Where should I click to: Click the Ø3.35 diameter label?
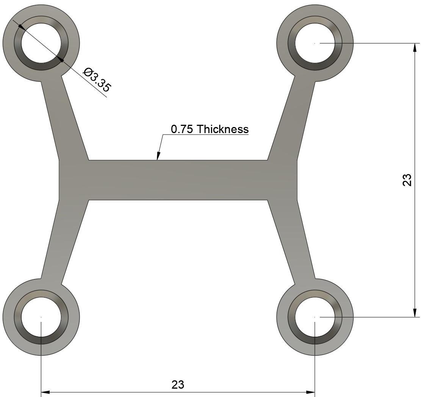[97, 80]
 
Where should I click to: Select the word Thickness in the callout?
[223, 129]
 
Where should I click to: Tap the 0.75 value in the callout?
[182, 129]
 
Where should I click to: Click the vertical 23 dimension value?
[406, 180]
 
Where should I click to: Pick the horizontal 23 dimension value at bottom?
[178, 384]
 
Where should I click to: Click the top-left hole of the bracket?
[41, 43]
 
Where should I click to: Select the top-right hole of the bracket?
[315, 43]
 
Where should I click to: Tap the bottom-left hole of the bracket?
[41, 317]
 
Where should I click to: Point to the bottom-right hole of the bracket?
[315, 317]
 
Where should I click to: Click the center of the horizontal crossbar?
[178, 180]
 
